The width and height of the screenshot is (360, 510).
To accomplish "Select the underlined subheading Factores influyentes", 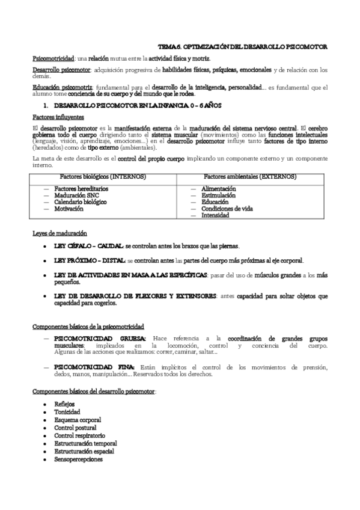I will click(58, 116).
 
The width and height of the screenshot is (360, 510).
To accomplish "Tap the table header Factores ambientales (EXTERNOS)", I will click(249, 177).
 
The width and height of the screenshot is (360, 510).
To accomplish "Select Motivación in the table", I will click(69, 209).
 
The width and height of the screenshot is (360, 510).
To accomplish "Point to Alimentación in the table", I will click(218, 189).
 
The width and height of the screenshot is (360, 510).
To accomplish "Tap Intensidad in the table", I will click(216, 215).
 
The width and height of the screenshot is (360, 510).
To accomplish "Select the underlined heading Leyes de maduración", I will click(59, 233).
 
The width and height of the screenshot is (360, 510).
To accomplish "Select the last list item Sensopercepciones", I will click(78, 459).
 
